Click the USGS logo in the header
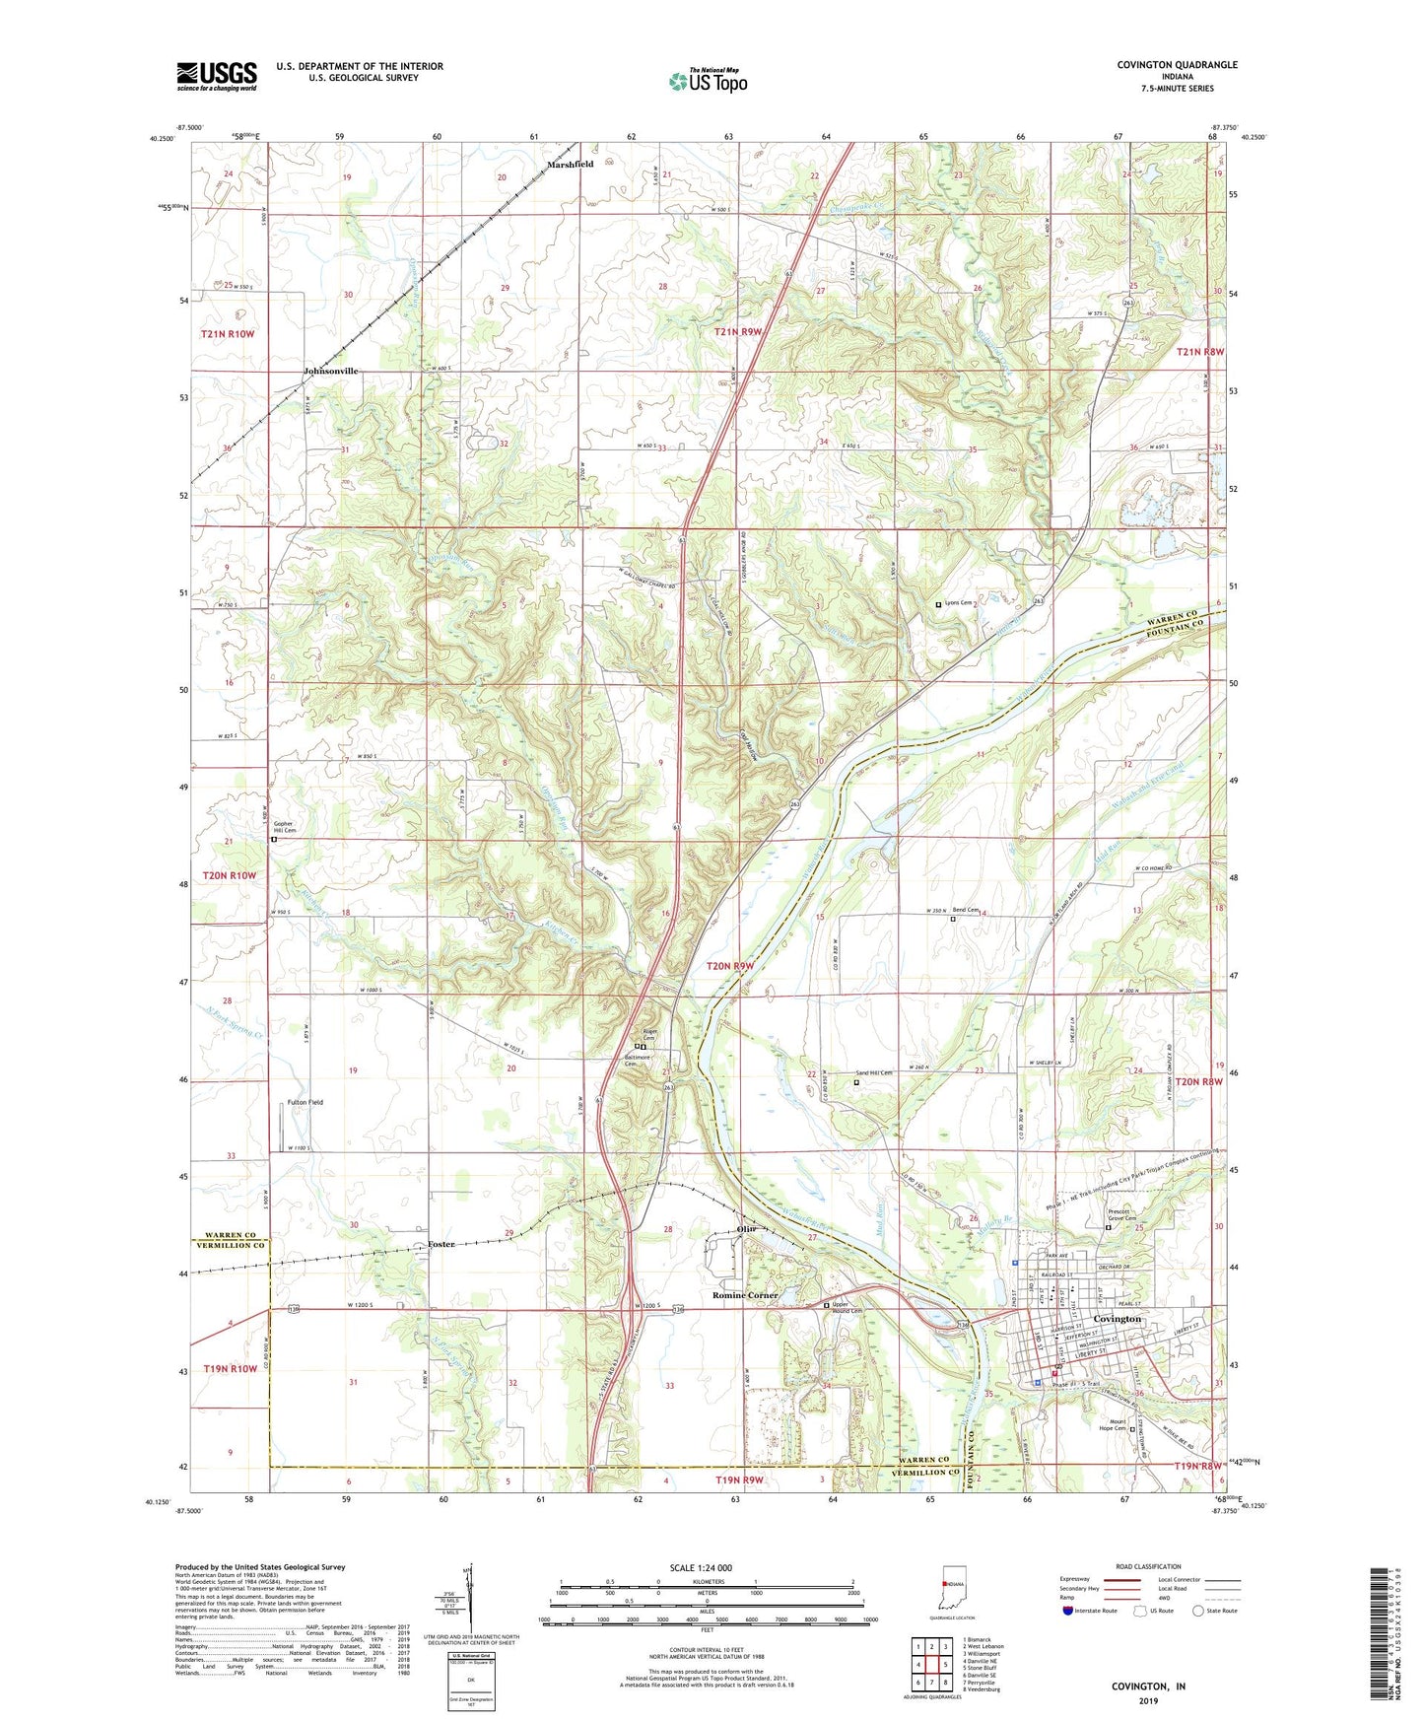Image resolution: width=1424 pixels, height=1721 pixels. click(x=217, y=76)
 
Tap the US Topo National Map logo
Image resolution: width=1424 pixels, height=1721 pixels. click(x=708, y=80)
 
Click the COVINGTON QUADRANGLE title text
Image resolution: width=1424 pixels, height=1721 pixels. click(x=1177, y=65)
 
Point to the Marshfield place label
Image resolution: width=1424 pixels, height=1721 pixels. click(x=571, y=165)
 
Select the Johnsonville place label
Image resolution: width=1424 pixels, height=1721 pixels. click(x=331, y=371)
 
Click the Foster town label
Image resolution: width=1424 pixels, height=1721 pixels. click(x=441, y=1245)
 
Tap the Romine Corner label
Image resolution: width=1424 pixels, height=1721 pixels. click(x=745, y=1295)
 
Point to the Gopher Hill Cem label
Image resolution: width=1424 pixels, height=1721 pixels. click(x=284, y=827)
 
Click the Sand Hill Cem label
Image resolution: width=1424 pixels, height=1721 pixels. click(x=872, y=1073)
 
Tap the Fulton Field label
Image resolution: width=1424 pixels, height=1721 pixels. click(x=305, y=1102)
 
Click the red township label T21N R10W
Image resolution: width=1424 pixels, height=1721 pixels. click(x=229, y=334)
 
